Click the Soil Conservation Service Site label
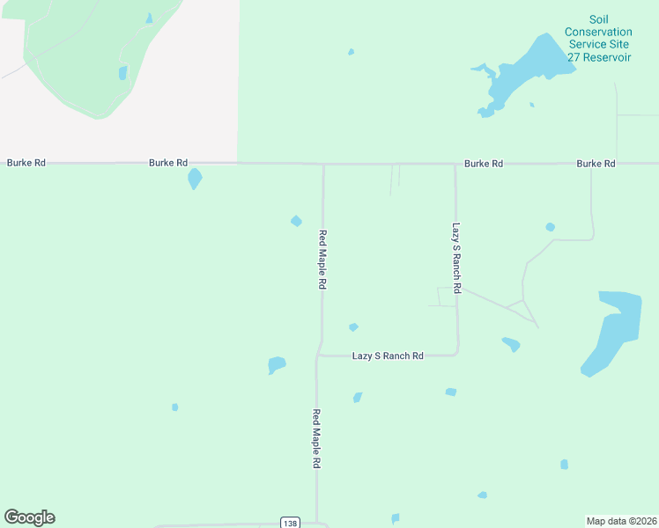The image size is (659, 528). (599, 32)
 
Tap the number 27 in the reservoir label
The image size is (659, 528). (573, 56)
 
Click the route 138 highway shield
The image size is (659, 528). (290, 523)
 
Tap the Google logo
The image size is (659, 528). (29, 517)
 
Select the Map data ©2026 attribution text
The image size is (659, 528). (621, 520)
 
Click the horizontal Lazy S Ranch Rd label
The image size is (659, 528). (388, 356)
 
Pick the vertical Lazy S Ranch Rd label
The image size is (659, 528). (456, 257)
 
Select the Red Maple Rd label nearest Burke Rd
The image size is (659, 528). (322, 260)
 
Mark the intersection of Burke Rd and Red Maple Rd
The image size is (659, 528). (323, 164)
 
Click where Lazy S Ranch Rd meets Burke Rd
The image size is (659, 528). (455, 164)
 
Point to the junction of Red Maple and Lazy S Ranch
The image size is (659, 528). (319, 356)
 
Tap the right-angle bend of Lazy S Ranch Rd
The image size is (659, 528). (456, 354)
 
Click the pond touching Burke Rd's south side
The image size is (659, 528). (195, 179)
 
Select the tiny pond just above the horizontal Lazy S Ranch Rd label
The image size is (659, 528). (353, 327)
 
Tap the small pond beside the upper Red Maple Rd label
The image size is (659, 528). (297, 221)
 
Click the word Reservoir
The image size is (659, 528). (606, 56)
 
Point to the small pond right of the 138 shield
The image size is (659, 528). (396, 518)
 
